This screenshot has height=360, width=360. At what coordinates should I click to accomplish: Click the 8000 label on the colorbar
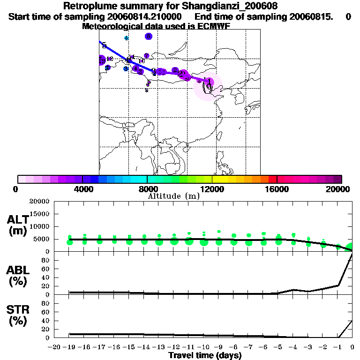(147, 189)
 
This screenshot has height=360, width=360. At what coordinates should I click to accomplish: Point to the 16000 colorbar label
(277, 189)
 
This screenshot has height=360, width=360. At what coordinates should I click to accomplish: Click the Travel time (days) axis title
(205, 356)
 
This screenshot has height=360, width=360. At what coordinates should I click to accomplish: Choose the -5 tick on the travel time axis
(278, 347)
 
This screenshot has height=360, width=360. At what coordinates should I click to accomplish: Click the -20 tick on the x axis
(55, 347)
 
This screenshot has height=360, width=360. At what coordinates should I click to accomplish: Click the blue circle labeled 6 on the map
(148, 36)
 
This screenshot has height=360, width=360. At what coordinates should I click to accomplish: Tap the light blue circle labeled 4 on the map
(126, 38)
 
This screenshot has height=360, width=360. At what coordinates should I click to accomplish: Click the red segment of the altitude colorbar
(272, 179)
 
